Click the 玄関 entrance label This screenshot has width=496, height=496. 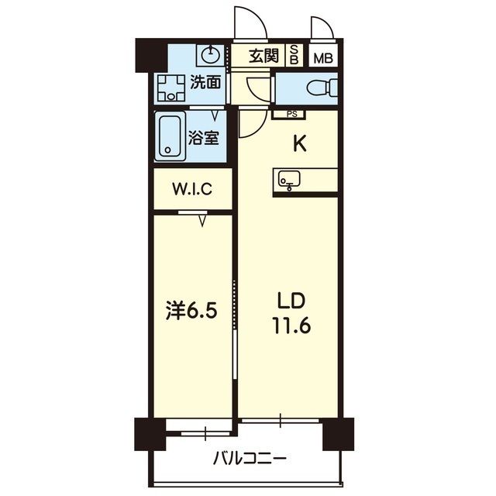click(x=263, y=55)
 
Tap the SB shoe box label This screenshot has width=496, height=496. click(x=294, y=55)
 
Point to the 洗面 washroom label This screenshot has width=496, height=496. click(x=207, y=81)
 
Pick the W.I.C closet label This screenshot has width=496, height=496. click(x=192, y=188)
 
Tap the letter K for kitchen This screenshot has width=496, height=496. click(x=298, y=143)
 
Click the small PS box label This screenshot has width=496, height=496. click(x=291, y=114)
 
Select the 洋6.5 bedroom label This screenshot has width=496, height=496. click(x=191, y=311)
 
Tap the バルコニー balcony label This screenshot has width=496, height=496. click(x=250, y=457)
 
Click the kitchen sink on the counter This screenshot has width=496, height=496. click(x=288, y=181)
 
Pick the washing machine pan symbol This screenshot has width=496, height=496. click(x=170, y=88)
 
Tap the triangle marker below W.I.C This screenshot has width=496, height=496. click(x=202, y=222)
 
